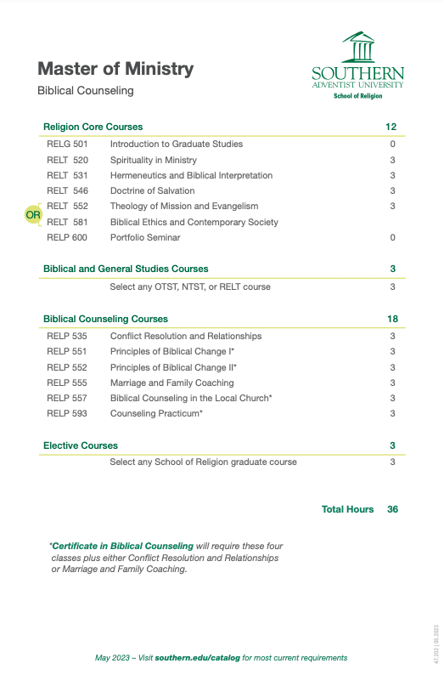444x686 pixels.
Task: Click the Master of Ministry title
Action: [x=115, y=69]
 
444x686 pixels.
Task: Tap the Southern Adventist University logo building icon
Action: [x=357, y=48]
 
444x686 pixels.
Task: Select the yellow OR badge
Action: [x=33, y=215]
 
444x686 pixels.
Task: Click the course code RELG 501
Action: [x=67, y=145]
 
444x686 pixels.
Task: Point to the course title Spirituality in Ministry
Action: [x=153, y=160]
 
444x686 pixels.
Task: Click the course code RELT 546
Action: [x=67, y=190]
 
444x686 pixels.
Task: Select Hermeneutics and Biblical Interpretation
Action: [x=191, y=175]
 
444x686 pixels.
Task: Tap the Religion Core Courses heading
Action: [x=93, y=127]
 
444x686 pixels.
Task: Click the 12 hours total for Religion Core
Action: [x=391, y=127]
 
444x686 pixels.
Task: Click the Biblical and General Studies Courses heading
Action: [x=126, y=269]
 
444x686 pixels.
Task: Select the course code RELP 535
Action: [x=67, y=336]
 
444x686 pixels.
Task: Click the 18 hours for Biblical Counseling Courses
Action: [x=391, y=319]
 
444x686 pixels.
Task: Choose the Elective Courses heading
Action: [x=81, y=445]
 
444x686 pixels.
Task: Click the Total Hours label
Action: [x=347, y=509]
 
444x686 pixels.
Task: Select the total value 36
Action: [x=392, y=509]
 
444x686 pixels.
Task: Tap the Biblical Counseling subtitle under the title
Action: [x=85, y=90]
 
